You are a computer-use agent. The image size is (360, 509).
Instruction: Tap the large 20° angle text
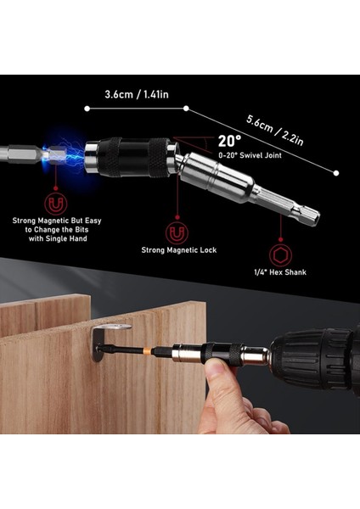(x=229, y=141)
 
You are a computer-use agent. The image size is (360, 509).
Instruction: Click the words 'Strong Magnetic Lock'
(x=177, y=250)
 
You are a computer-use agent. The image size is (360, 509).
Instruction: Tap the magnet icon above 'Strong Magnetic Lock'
(x=177, y=231)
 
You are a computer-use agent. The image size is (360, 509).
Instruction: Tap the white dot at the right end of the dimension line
(x=336, y=172)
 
